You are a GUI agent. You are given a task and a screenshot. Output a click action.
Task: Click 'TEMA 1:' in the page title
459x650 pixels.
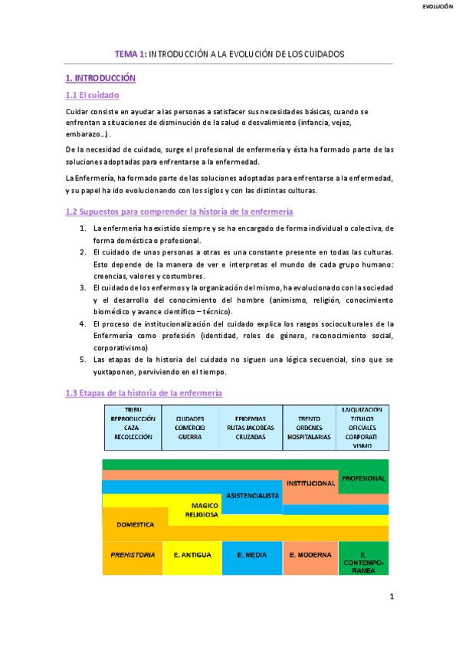pos(130,54)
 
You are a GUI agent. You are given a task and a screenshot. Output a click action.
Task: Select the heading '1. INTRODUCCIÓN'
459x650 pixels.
pos(100,78)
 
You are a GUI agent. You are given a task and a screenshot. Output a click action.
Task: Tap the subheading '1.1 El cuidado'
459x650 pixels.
pos(92,96)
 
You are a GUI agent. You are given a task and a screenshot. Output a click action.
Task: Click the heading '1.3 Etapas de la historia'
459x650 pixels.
pos(144,393)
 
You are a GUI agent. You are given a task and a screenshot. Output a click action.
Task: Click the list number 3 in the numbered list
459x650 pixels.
pos(83,287)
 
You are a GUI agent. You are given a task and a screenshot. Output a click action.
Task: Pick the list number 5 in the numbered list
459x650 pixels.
pos(83,359)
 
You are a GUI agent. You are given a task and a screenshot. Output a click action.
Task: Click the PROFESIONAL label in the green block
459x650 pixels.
pos(363,478)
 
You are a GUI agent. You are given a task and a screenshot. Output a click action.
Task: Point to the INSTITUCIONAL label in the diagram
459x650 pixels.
pos(311,484)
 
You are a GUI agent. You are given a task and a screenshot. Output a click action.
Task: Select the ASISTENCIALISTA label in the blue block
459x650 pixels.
pos(252,495)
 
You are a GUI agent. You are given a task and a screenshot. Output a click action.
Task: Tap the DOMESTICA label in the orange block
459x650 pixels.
pos(136,524)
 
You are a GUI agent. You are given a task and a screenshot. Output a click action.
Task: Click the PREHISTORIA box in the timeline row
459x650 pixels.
pos(133,554)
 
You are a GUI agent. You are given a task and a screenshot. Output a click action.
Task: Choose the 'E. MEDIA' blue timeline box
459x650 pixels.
pos(252,554)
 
